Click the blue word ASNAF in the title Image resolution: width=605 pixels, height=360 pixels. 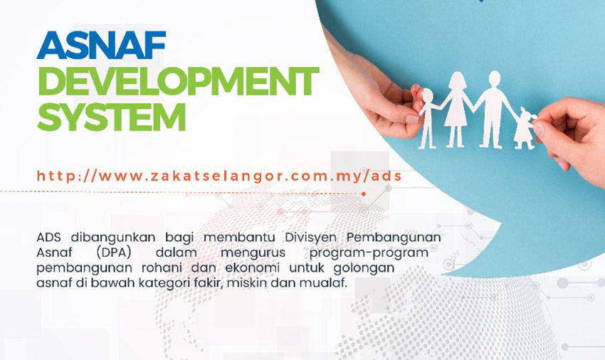click(x=101, y=45)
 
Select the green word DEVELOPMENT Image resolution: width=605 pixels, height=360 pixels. click(x=178, y=81)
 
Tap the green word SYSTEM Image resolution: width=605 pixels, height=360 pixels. click(x=112, y=117)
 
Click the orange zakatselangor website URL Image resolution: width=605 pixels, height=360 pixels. click(x=219, y=176)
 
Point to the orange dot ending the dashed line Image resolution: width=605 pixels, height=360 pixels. click(x=364, y=194)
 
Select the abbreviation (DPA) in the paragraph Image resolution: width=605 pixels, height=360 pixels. click(x=114, y=253)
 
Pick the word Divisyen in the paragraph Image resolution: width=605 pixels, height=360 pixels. click(x=310, y=238)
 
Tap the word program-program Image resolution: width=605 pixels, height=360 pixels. click(x=369, y=253)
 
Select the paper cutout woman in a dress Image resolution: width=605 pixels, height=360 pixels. click(x=457, y=109)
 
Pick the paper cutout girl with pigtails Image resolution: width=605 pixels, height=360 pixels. click(x=524, y=129)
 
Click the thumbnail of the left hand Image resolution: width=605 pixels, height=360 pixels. click(x=412, y=119)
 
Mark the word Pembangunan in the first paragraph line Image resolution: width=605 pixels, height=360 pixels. click(x=394, y=238)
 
